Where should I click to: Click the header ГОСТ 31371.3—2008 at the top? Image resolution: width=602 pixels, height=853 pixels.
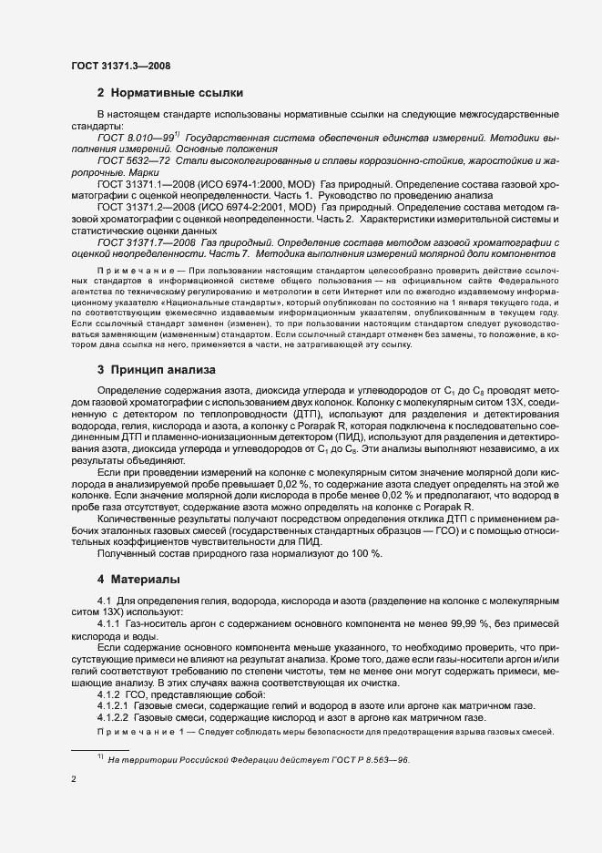[119, 66]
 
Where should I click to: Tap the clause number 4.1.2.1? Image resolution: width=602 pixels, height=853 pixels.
[113, 706]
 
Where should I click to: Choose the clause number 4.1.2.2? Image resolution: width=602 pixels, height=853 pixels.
[113, 718]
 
